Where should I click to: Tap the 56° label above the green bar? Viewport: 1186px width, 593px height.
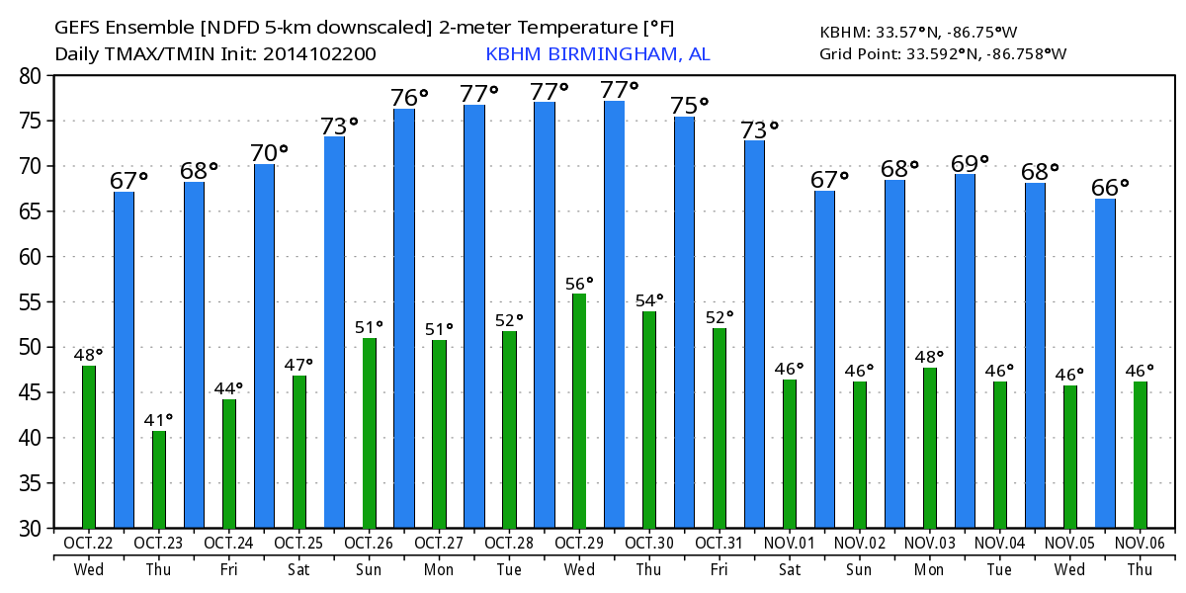tap(578, 284)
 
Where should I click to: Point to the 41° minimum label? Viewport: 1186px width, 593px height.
tap(158, 420)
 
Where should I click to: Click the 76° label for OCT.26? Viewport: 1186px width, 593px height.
tap(409, 97)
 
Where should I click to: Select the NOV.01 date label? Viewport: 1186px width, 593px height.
tap(789, 543)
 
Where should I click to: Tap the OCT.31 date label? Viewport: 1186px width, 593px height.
tap(719, 543)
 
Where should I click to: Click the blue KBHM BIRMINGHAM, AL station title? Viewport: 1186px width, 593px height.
tap(597, 54)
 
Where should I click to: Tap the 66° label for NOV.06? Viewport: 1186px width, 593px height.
tap(1109, 187)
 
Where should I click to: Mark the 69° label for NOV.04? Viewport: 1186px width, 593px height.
tap(969, 162)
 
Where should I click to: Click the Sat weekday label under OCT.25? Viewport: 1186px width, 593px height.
tap(297, 569)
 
